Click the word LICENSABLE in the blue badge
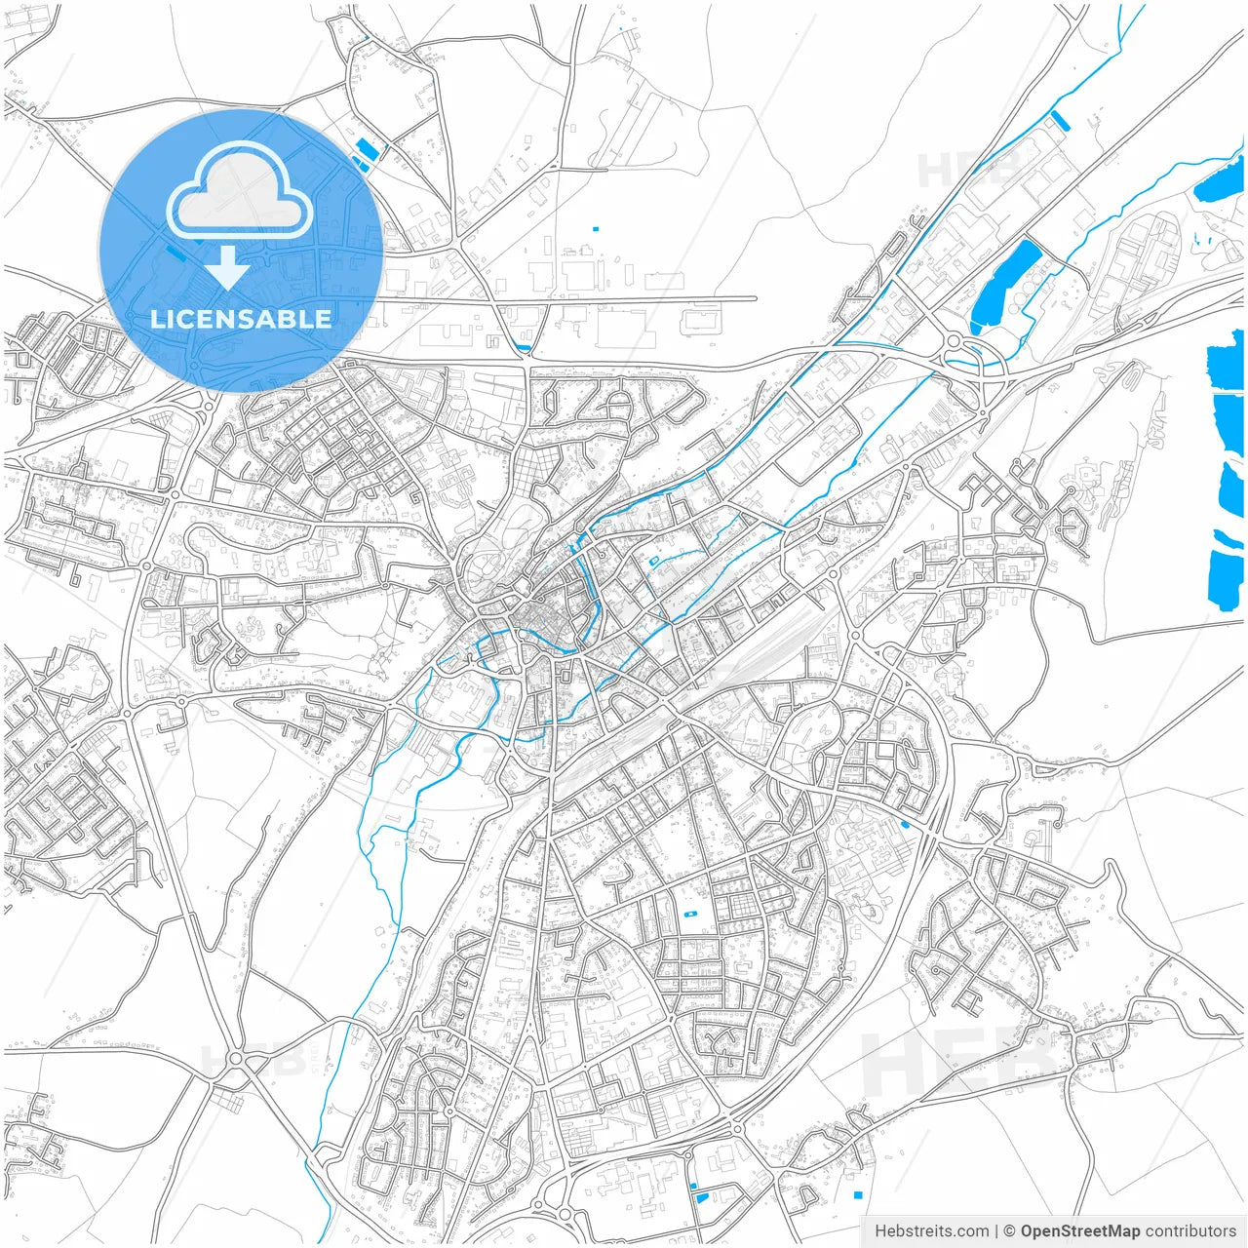click(241, 319)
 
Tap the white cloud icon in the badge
click(239, 191)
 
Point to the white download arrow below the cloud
click(226, 267)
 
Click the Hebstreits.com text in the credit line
click(931, 1231)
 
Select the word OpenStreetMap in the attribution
click(1080, 1231)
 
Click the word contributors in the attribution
click(1190, 1231)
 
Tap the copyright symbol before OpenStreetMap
click(1010, 1231)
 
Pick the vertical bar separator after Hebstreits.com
click(996, 1231)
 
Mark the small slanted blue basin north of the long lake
click(1060, 120)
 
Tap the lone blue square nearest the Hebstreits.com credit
click(858, 1195)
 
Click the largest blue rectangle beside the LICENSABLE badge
click(367, 150)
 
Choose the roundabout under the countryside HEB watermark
click(235, 1058)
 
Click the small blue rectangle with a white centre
click(691, 915)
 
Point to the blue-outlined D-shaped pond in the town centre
click(654, 560)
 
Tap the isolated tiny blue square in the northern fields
click(595, 229)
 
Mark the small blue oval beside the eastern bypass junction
click(906, 825)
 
